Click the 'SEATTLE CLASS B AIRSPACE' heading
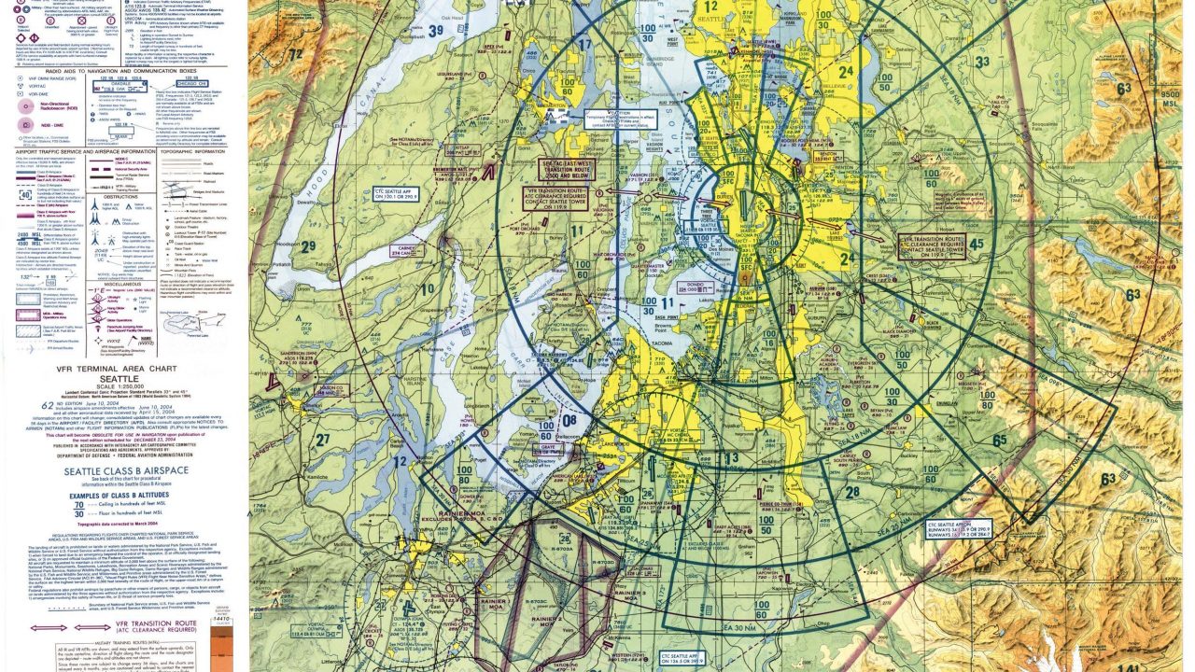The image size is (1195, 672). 125,472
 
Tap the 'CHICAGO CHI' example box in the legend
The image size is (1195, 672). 188,84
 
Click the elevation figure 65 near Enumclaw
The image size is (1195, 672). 999,440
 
